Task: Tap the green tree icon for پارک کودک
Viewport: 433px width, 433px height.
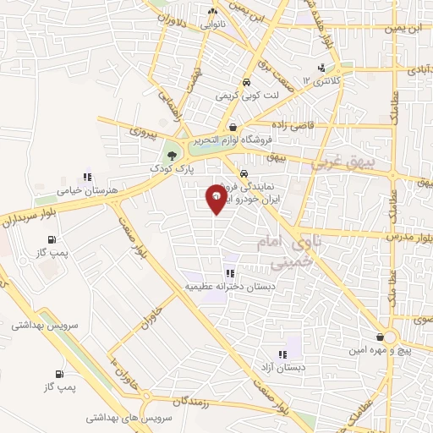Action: (173, 156)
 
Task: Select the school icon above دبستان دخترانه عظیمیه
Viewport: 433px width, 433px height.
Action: (229, 273)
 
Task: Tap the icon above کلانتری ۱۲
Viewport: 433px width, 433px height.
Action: (321, 69)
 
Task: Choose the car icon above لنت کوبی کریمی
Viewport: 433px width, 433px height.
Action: (245, 83)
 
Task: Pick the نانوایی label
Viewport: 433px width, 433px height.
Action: (213, 25)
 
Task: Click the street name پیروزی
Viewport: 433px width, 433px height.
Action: (144, 132)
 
